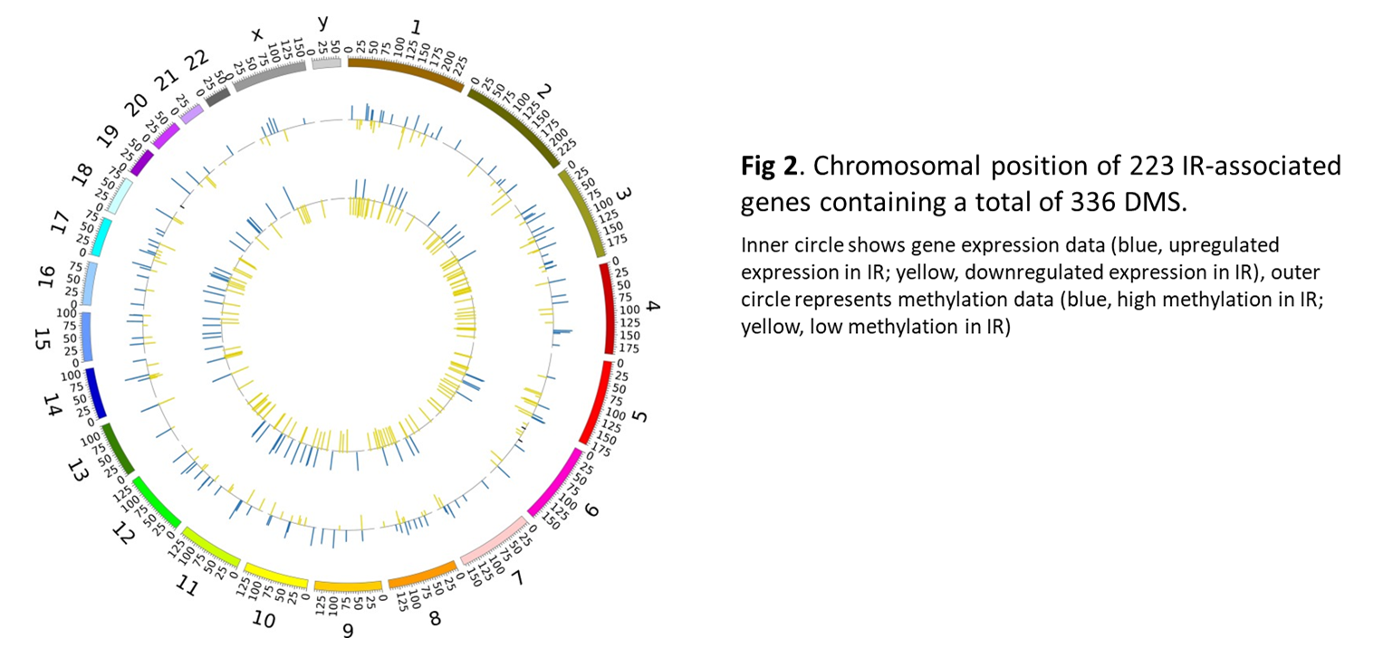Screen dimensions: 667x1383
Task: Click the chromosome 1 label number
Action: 416,28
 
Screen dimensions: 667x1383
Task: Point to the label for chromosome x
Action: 257,34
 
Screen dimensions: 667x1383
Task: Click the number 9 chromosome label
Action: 348,631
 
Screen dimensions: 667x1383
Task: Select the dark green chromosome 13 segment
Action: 117,449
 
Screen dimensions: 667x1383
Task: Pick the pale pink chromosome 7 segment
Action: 495,540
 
